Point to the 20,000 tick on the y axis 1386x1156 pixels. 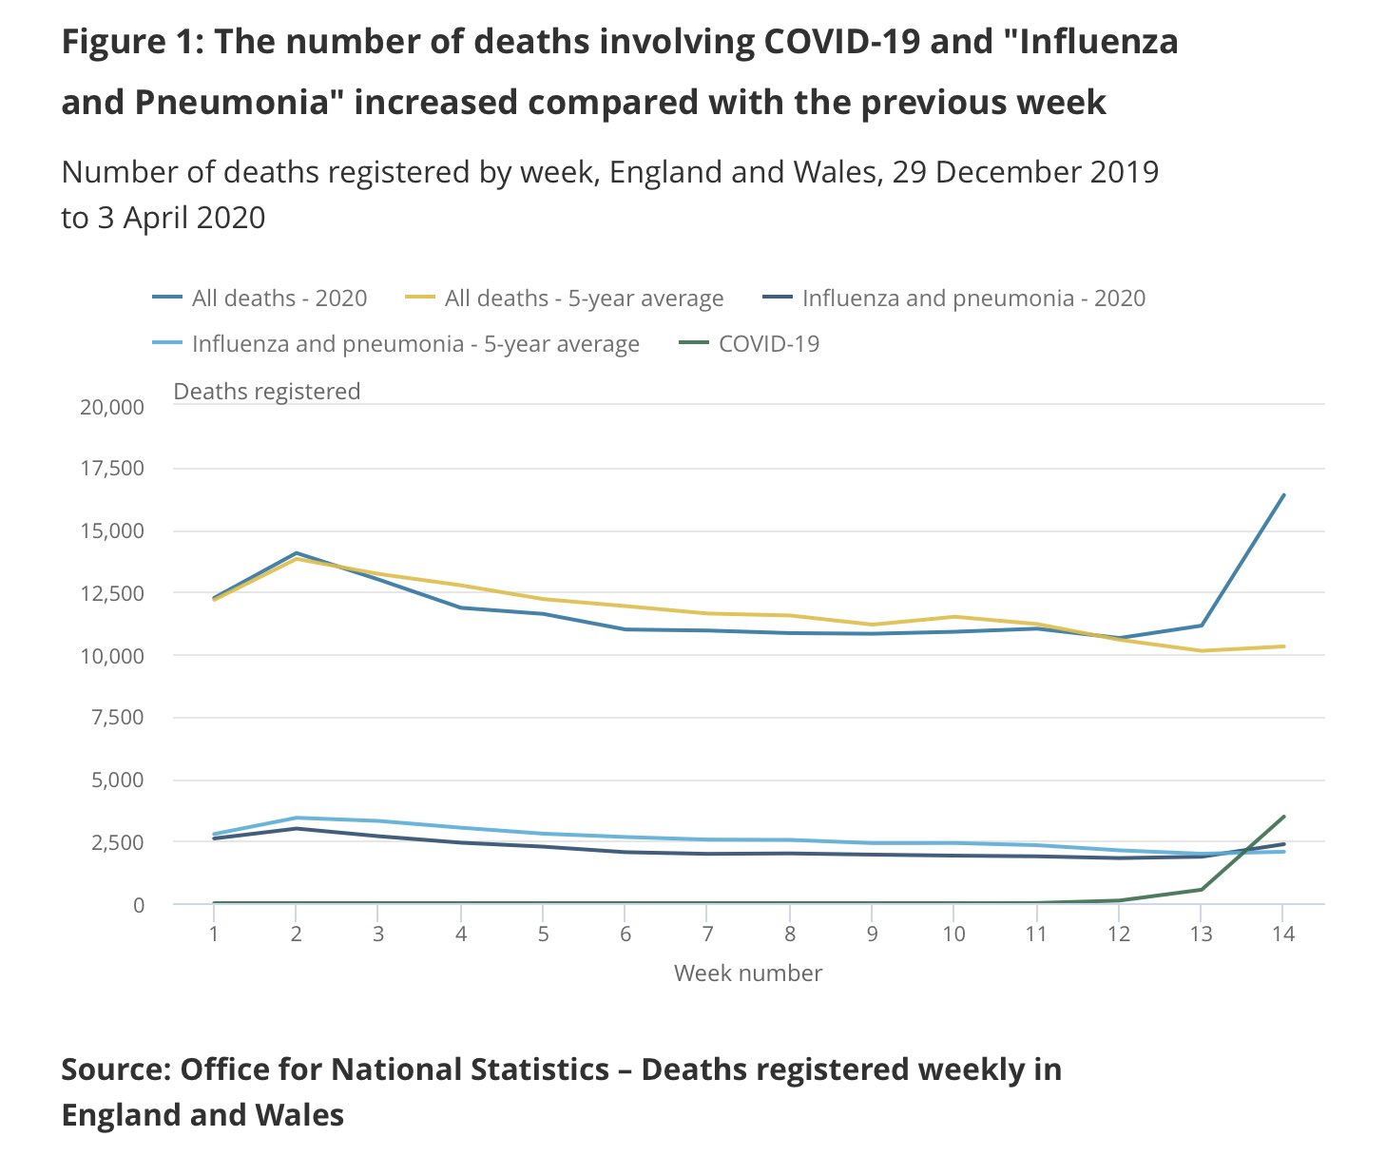112,407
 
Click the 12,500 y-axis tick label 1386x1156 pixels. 112,593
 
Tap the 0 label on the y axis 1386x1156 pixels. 139,905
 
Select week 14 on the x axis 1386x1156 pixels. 1283,934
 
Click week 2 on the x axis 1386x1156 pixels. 296,934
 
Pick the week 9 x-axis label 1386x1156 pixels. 872,934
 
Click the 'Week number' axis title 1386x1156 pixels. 748,973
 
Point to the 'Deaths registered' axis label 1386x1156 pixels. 266,392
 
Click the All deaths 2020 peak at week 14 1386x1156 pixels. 1284,494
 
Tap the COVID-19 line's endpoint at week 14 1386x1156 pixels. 1284,817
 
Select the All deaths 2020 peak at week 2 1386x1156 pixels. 296,552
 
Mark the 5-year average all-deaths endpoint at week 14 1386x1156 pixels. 1284,646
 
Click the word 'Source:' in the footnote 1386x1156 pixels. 114,1069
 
